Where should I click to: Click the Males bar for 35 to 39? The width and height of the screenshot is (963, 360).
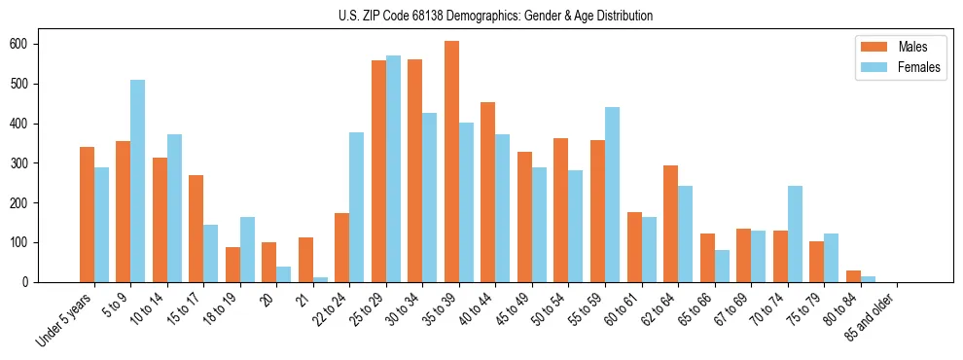pyautogui.click(x=452, y=162)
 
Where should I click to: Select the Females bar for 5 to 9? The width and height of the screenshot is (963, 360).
pyautogui.click(x=138, y=181)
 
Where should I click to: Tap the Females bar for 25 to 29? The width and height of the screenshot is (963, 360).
pyautogui.click(x=393, y=168)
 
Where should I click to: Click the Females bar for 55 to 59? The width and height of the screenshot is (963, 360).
pyautogui.click(x=612, y=195)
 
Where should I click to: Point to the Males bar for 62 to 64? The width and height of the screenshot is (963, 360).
pyautogui.click(x=671, y=224)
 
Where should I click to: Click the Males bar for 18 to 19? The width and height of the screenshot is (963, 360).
pyautogui.click(x=233, y=265)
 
